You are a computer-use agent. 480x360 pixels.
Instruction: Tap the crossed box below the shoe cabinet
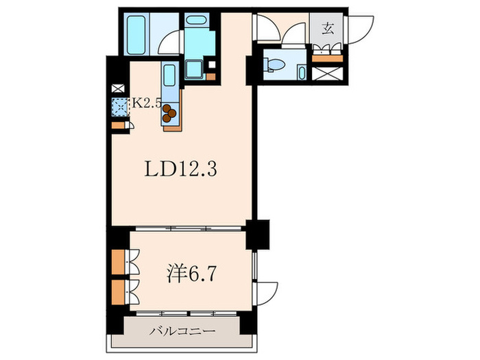(x=327, y=73)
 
